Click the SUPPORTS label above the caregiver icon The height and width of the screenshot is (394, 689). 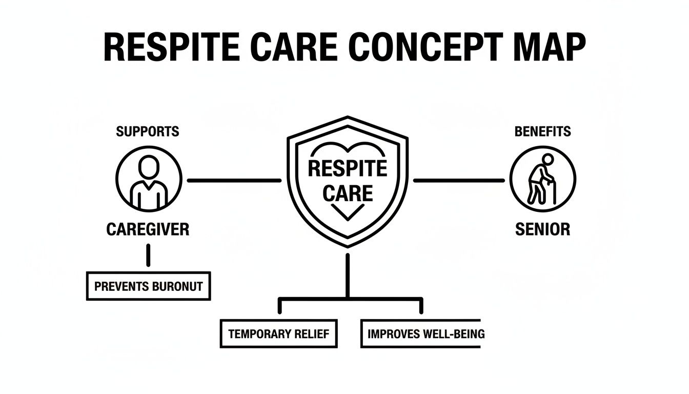click(x=148, y=131)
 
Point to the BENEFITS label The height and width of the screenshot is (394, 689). click(x=542, y=131)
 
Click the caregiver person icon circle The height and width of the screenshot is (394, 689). click(x=149, y=179)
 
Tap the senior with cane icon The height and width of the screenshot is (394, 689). click(x=542, y=179)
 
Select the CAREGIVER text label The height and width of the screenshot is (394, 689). click(x=148, y=229)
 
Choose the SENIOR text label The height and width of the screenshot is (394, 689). click(x=542, y=229)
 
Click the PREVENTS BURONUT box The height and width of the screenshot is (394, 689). click(x=148, y=286)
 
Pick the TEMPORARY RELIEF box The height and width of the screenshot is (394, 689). click(x=279, y=333)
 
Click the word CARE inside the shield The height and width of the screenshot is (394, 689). click(x=348, y=193)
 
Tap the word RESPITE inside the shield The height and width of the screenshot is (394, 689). click(x=348, y=168)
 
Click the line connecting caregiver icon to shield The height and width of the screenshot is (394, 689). click(x=234, y=181)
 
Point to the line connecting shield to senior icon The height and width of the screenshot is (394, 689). click(x=459, y=181)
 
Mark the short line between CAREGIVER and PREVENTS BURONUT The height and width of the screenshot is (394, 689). click(x=148, y=255)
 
